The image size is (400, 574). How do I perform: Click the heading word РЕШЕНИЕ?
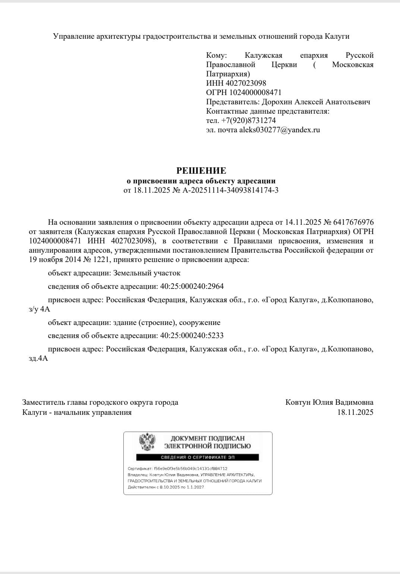coord(201,171)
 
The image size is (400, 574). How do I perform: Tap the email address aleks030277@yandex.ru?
coord(280,130)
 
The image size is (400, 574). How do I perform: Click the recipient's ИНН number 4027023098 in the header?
coord(246,83)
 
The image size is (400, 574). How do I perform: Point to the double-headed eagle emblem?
coord(147,442)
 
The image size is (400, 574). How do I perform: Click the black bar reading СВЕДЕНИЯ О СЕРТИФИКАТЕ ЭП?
coord(197,457)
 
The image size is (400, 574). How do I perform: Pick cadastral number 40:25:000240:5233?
coord(192,335)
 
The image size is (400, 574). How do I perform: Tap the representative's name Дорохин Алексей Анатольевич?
coord(316,102)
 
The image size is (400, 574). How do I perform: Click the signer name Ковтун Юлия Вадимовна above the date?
coord(329,403)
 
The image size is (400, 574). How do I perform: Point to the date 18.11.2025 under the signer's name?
coord(355,412)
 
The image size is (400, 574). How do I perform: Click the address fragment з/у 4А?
coord(39,309)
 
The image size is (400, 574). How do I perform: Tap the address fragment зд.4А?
coord(38,359)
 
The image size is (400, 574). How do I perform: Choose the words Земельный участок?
coord(147,273)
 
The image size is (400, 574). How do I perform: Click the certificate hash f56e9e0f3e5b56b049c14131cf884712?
coord(190,469)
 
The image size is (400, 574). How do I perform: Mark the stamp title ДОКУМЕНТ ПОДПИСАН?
coord(208,438)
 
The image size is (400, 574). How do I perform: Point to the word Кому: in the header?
coord(216,56)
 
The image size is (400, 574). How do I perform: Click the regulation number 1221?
coord(101,259)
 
